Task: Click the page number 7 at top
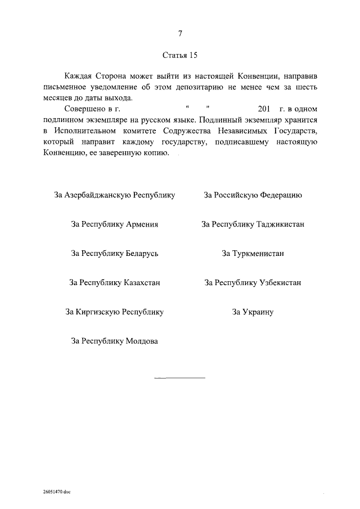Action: [180, 34]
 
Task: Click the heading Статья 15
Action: [180, 56]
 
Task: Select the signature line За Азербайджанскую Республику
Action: [115, 195]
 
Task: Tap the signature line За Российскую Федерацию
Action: [253, 195]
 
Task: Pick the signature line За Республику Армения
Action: [115, 224]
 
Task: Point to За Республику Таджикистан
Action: [253, 224]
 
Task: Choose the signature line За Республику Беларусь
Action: [115, 253]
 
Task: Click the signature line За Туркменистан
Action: [253, 253]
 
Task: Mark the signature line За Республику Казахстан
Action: [115, 282]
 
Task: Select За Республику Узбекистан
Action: [253, 282]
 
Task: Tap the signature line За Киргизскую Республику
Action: [115, 312]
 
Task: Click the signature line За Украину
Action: [253, 312]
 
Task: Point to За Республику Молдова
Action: [115, 341]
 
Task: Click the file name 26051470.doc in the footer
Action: [56, 492]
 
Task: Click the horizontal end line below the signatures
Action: [180, 377]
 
